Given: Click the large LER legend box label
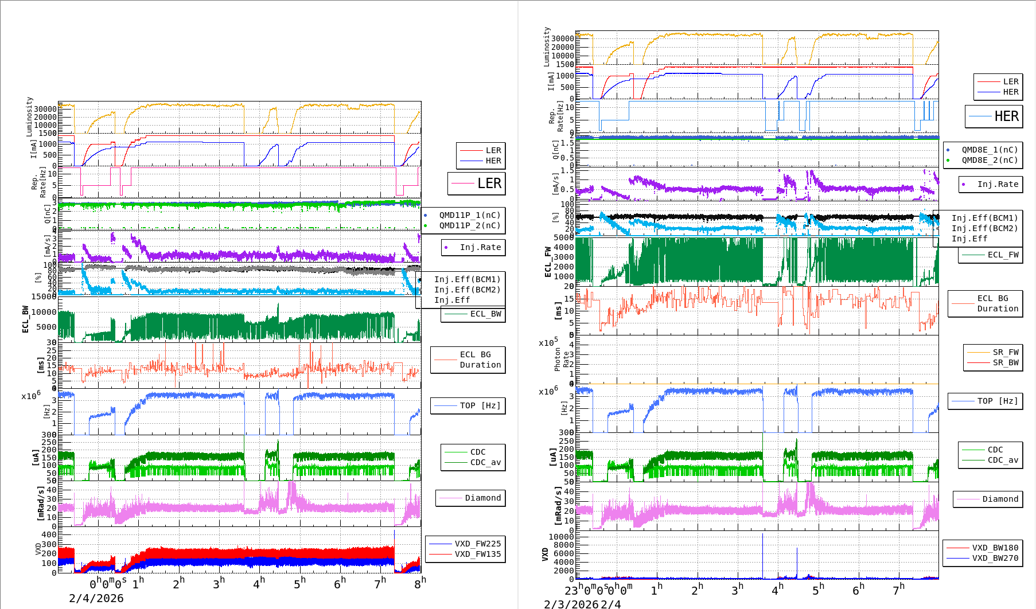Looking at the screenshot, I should click(489, 184).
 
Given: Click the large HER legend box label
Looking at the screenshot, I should click(1006, 116).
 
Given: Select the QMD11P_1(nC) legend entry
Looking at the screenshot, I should click(469, 215).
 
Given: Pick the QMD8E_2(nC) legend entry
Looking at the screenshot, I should click(990, 160).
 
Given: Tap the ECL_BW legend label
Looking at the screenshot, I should click(485, 314).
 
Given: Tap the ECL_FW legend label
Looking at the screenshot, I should click(1003, 255).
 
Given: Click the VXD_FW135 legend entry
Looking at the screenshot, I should click(477, 554).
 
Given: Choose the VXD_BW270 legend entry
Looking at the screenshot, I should click(995, 558).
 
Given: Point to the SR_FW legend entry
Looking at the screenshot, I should click(1005, 352).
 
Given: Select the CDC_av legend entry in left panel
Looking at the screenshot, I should click(485, 462).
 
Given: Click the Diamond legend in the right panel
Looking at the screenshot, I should click(1000, 499).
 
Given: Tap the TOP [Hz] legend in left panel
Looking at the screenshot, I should click(480, 405).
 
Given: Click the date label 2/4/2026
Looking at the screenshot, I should click(96, 598).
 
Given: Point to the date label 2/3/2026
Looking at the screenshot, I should click(571, 604).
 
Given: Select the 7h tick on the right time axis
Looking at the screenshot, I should click(898, 588).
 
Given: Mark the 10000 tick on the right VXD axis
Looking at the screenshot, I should click(561, 537).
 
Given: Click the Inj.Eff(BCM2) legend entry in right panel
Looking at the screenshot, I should click(984, 228).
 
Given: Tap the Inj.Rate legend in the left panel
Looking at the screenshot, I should click(480, 247).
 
